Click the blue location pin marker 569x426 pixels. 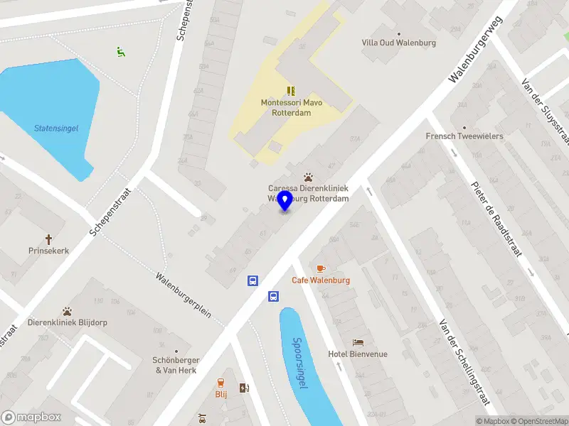(285, 200)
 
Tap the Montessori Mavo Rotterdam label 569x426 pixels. (291, 108)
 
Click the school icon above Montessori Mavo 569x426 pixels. (291, 90)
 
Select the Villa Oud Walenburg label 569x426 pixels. (398, 43)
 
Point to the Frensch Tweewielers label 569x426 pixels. (464, 136)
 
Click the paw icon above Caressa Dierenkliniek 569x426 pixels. (308, 176)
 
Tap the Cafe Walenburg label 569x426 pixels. (321, 280)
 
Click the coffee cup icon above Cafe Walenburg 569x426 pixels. (321, 268)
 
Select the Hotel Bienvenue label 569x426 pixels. (358, 354)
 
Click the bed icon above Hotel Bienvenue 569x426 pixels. (358, 342)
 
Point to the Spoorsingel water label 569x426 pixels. (300, 362)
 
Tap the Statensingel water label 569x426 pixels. (56, 129)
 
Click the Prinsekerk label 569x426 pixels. (48, 251)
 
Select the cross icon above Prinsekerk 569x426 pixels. (49, 239)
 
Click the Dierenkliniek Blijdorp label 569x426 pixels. (68, 322)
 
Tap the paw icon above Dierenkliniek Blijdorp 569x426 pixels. (67, 310)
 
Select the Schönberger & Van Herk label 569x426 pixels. (177, 365)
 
